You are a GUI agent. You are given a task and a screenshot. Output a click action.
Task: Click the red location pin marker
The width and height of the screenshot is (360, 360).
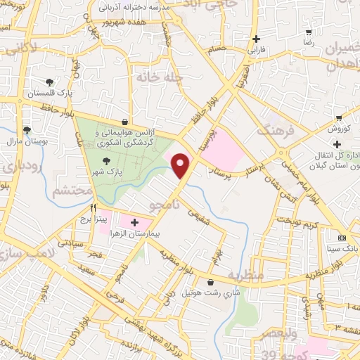[x=181, y=165]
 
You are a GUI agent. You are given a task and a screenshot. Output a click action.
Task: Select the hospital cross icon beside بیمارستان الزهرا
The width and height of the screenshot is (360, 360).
[x=134, y=222]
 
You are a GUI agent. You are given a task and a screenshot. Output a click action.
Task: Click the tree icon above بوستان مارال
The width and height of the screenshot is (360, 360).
[x=27, y=131]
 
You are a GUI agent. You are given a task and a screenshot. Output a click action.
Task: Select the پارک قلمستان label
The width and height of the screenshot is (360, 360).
[x=45, y=93]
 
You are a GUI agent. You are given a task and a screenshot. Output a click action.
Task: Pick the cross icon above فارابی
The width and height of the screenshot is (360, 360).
[x=256, y=39]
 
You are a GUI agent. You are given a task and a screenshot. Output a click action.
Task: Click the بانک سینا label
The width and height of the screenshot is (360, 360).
[x=342, y=248]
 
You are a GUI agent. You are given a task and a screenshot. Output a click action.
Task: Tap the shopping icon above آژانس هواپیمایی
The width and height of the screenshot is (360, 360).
[x=124, y=121]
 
